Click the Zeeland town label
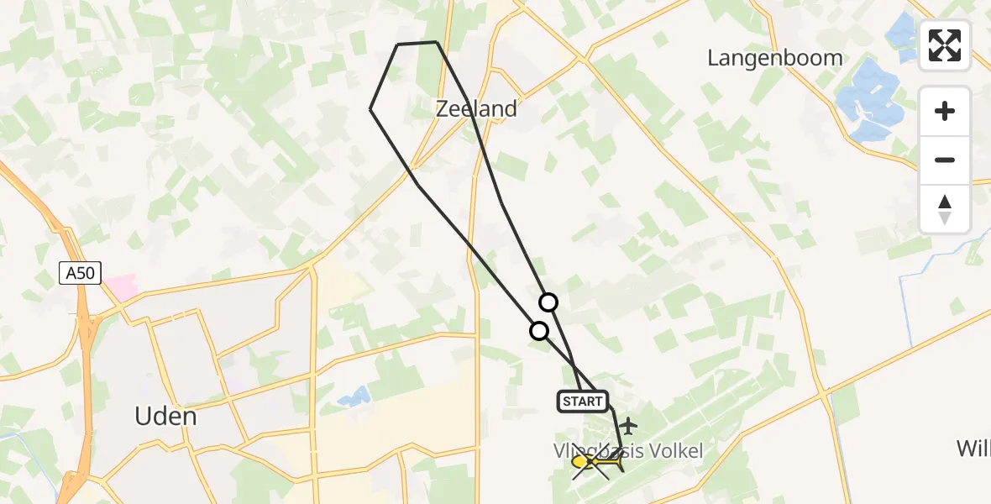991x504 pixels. pyautogui.click(x=476, y=108)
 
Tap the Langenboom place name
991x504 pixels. pyautogui.click(x=774, y=58)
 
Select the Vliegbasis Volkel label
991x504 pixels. pyautogui.click(x=627, y=451)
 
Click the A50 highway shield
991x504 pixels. pyautogui.click(x=80, y=272)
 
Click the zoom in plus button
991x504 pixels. pyautogui.click(x=945, y=111)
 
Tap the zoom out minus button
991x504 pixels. pyautogui.click(x=945, y=160)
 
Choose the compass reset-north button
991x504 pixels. pyautogui.click(x=945, y=209)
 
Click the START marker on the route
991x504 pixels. pyautogui.click(x=583, y=402)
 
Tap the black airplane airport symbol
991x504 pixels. pyautogui.click(x=628, y=426)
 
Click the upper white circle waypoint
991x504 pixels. pyautogui.click(x=548, y=302)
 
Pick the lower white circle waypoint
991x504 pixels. pyautogui.click(x=539, y=331)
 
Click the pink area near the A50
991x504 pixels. pyautogui.click(x=119, y=286)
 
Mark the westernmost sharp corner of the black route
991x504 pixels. pyautogui.click(x=371, y=108)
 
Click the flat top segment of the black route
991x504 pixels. pyautogui.click(x=417, y=43)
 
